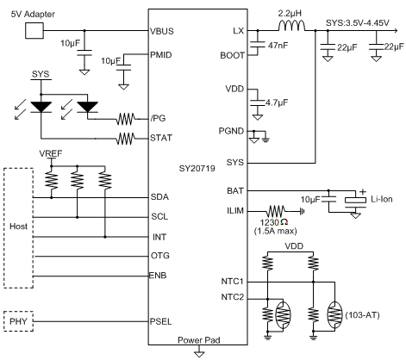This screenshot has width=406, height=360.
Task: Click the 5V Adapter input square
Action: (34, 31)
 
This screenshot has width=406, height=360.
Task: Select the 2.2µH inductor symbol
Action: (291, 26)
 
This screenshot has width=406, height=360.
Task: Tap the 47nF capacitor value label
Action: (278, 46)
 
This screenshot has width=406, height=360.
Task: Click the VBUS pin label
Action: (162, 31)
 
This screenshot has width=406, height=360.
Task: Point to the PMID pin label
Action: (161, 54)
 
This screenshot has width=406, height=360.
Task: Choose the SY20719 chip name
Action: (197, 168)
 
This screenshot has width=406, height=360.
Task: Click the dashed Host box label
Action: (19, 227)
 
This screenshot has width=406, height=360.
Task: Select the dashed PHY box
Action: (18, 321)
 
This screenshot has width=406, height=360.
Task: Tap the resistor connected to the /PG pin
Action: (125, 119)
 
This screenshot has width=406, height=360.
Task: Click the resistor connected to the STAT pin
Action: (125, 139)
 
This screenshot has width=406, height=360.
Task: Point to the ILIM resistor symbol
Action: (276, 212)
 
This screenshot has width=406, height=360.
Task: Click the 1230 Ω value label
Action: (274, 222)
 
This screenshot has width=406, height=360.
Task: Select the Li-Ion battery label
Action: (382, 199)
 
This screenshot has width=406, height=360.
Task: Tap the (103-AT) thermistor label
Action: (362, 315)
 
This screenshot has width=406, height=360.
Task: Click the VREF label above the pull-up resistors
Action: (51, 153)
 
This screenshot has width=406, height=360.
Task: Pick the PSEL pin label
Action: (161, 321)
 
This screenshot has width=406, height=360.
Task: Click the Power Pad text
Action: (199, 340)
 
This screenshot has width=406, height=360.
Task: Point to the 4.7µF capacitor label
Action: (277, 102)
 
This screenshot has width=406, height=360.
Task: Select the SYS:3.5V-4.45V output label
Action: (358, 23)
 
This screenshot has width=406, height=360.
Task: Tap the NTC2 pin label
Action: (233, 297)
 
